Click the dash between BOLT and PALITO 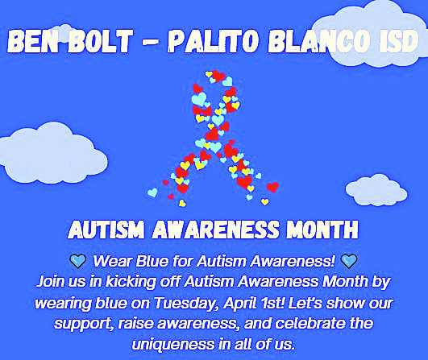coord(150,42)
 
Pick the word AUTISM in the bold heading coord(106,230)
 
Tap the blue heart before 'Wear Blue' coord(77,261)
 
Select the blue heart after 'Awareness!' coord(349,261)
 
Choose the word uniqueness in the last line coord(174,344)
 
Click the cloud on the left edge coord(52,153)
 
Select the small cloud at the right coord(376,190)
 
